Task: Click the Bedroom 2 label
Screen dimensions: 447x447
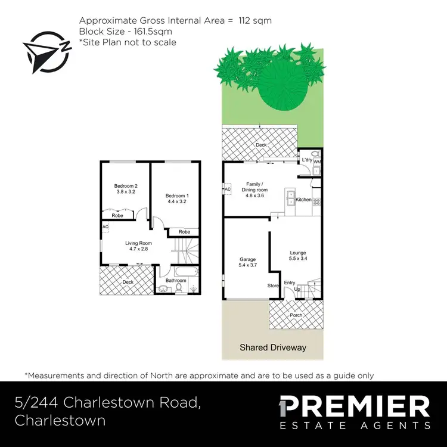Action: [126, 186]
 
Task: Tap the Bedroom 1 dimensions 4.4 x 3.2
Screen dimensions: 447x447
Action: [177, 201]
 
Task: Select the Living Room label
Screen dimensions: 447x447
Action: [138, 243]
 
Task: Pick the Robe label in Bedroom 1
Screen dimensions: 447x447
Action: [184, 232]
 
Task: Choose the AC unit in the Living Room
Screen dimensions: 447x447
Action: [105, 227]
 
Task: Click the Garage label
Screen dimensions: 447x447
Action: [247, 259]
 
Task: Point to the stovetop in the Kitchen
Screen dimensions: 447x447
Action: [317, 201]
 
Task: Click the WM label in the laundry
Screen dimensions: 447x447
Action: [317, 161]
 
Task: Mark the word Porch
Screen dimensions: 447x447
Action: [296, 315]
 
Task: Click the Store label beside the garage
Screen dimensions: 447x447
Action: [273, 285]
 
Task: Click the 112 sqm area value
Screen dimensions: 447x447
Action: [254, 20]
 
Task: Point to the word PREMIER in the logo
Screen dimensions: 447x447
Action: [354, 407]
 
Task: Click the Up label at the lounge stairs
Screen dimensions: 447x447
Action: [297, 289]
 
